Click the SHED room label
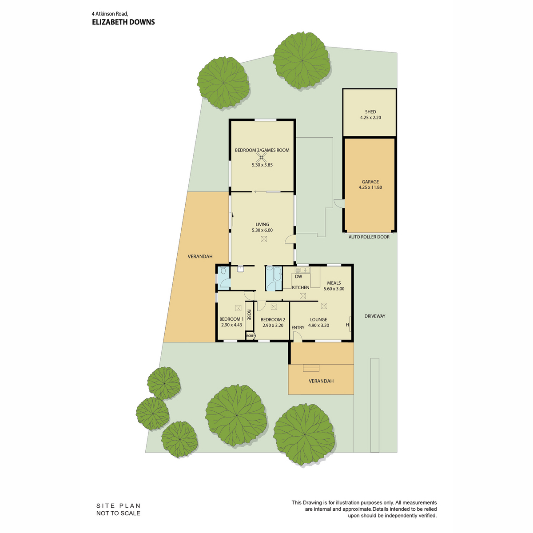pos(370,112)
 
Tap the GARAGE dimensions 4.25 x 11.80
pos(370,187)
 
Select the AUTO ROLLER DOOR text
pos(369,237)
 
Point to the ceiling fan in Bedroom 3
pos(261,158)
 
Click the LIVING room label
pos(262,224)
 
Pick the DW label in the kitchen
pos(298,276)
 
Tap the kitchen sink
pos(303,270)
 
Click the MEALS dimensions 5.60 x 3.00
pos(334,289)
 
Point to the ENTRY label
pos(298,327)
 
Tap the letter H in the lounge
pos(347,325)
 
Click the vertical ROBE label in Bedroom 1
pos(249,314)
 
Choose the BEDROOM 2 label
pos(273,319)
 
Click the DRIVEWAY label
pos(374,316)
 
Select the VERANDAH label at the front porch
pos(321,381)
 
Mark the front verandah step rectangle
pos(311,368)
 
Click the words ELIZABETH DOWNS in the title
pos(123,22)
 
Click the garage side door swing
pos(338,203)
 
